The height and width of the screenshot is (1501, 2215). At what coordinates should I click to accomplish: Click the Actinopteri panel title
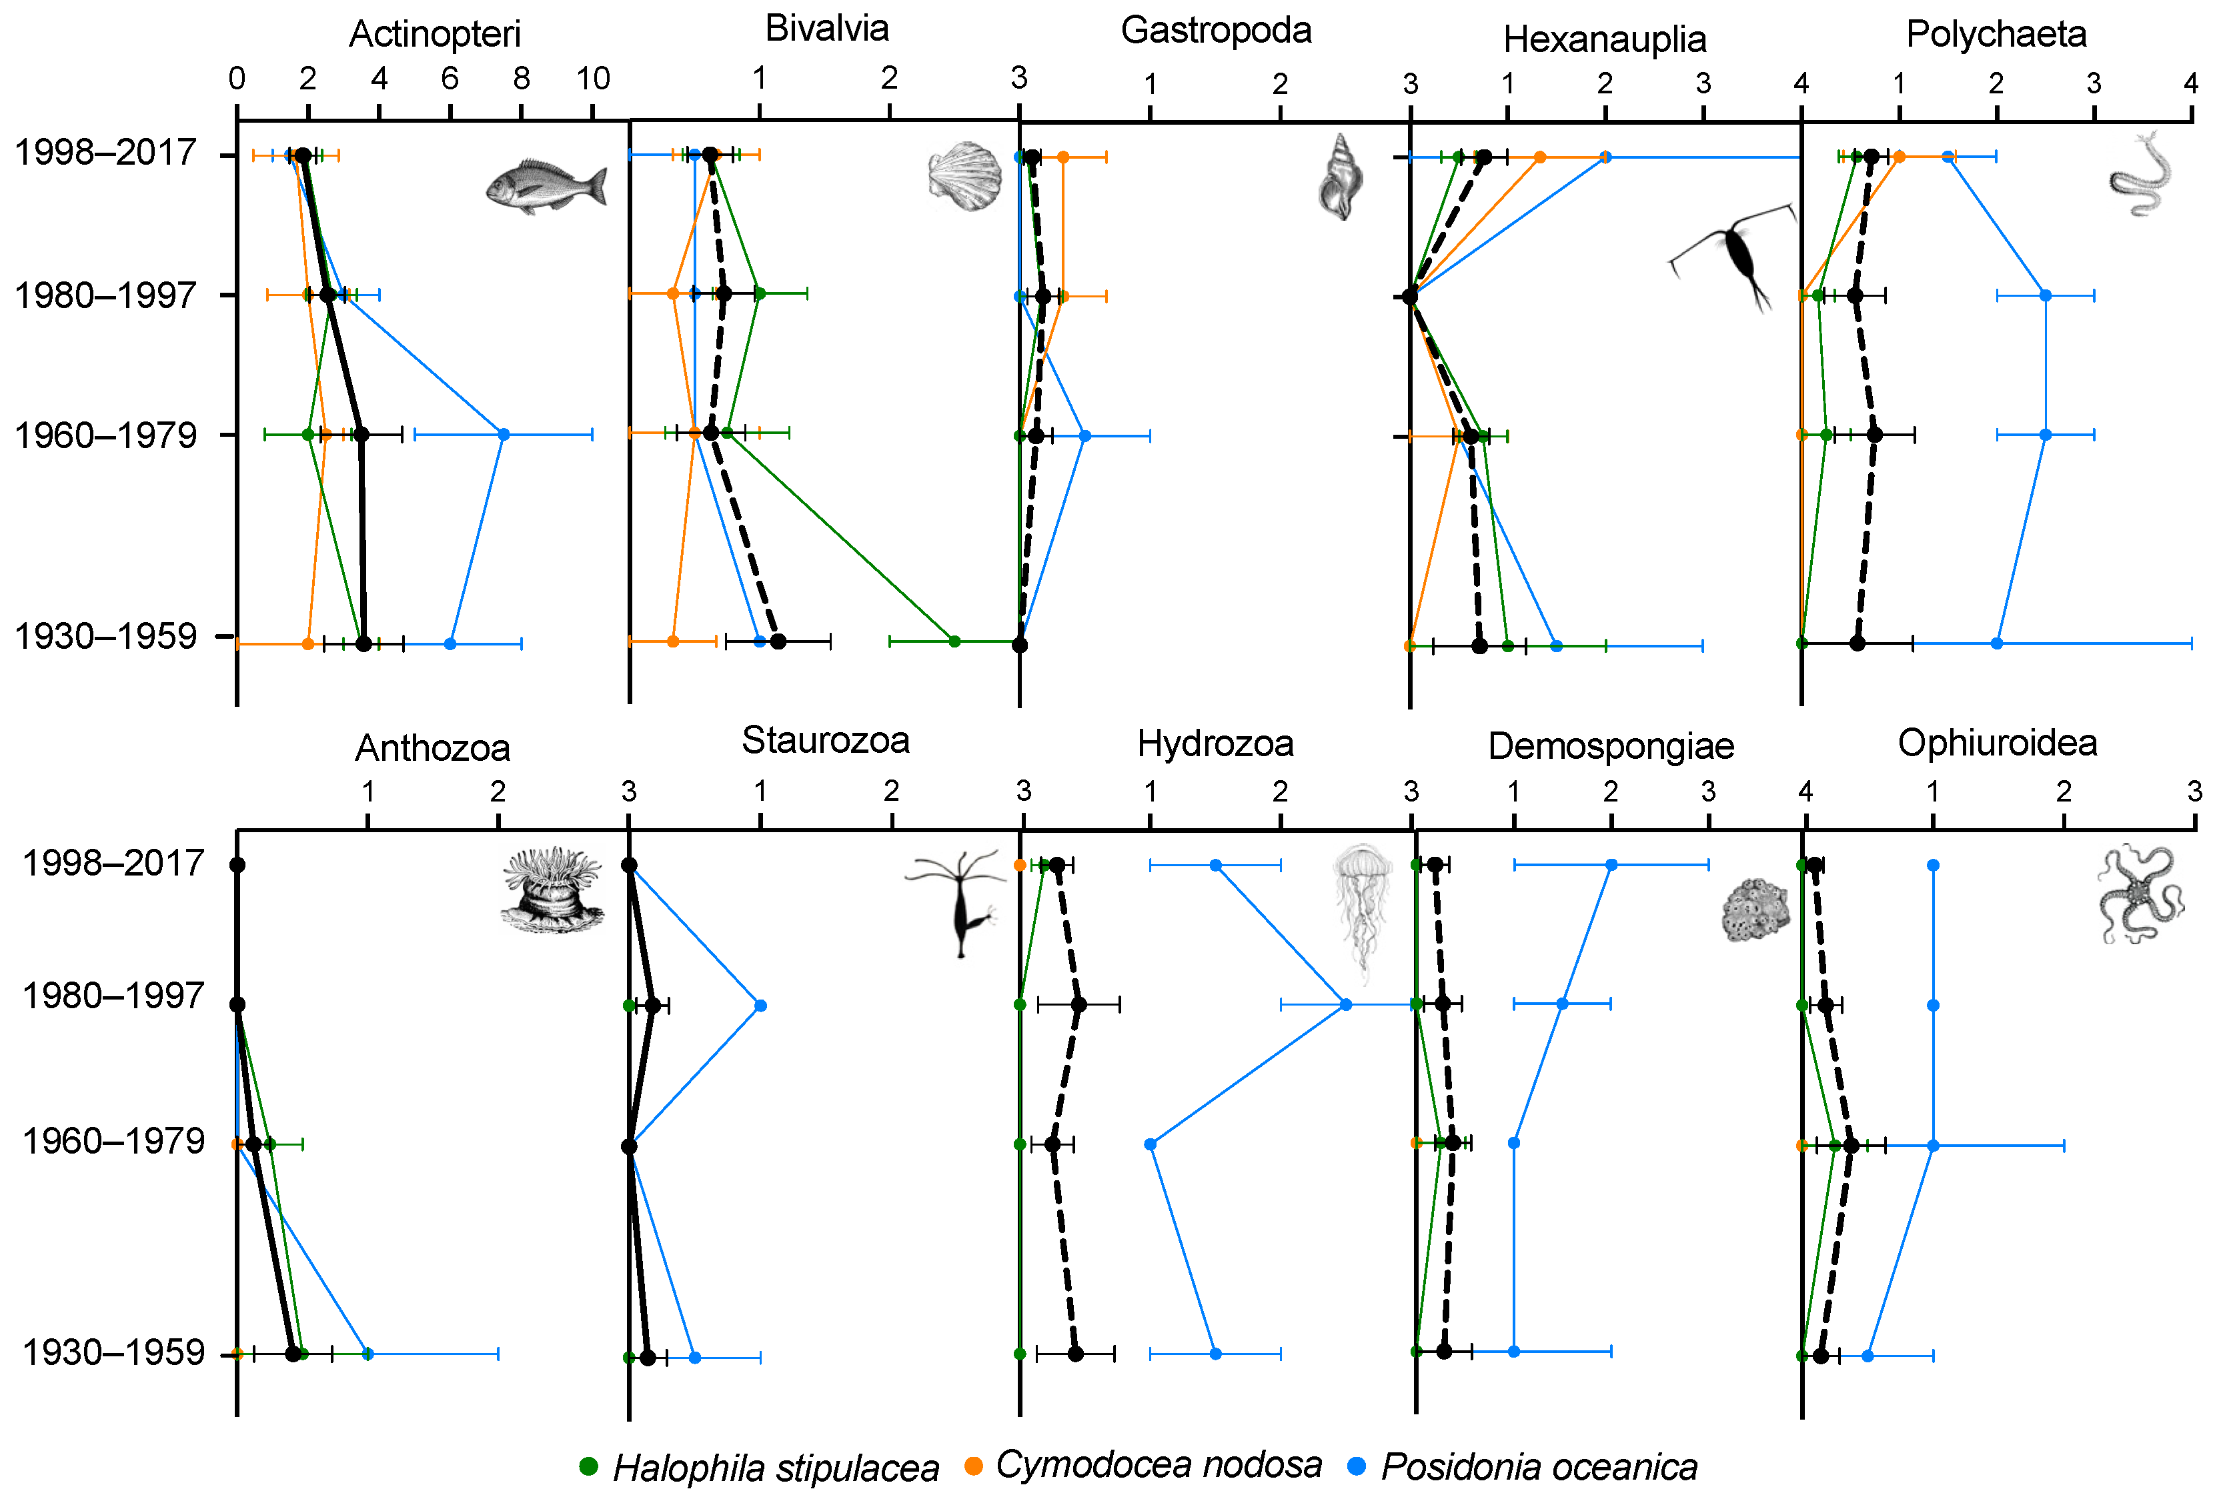(x=435, y=34)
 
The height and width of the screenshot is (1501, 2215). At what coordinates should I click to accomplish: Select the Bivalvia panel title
(x=826, y=29)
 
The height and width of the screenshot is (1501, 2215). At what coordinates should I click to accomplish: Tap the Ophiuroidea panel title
(x=1997, y=743)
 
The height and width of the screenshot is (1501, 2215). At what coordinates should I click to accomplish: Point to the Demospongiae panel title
(x=1611, y=747)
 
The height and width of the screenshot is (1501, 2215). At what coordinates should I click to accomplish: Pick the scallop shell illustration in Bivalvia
(x=964, y=175)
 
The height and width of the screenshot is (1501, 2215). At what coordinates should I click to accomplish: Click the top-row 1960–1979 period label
(x=105, y=435)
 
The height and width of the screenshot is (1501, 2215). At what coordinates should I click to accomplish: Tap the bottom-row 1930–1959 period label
(x=113, y=1352)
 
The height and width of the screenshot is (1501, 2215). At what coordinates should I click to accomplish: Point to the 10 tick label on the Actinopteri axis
(x=593, y=79)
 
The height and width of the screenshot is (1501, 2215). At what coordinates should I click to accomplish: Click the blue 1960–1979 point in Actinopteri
(x=504, y=435)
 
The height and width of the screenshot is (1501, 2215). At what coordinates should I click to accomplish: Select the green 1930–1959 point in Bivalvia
(x=954, y=641)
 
